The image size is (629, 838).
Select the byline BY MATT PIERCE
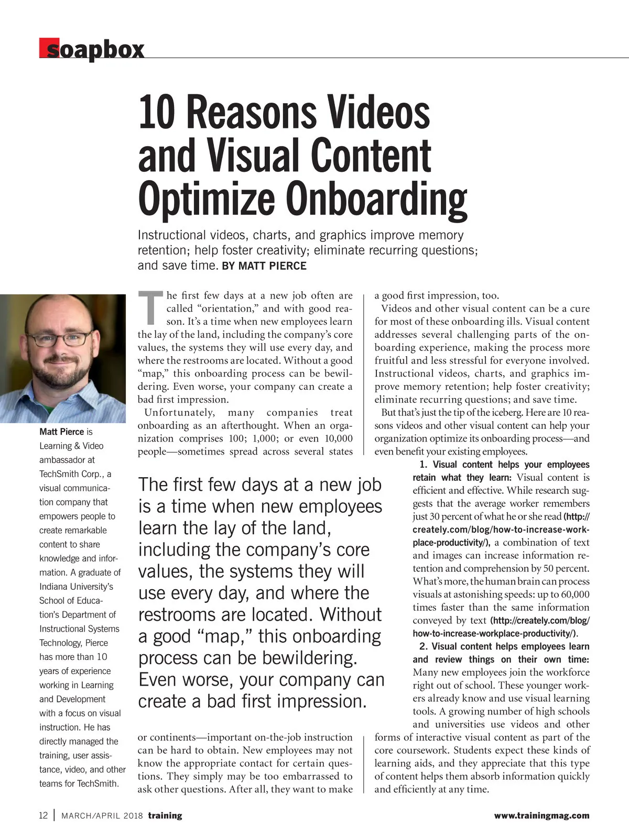[264, 266]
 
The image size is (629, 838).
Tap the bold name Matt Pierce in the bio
[61, 432]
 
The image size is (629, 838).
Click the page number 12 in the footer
[44, 815]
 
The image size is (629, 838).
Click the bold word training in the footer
[165, 815]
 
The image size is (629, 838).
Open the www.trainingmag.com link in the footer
[541, 815]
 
